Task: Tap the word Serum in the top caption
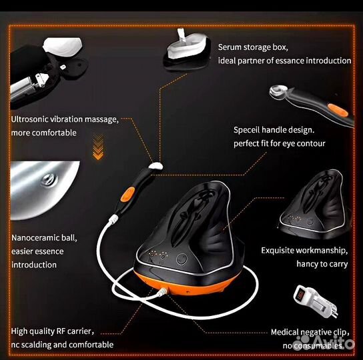tap(230, 47)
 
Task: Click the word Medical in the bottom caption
tap(286, 331)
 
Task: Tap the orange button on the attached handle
tap(126, 193)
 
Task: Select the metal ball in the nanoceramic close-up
tap(47, 179)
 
